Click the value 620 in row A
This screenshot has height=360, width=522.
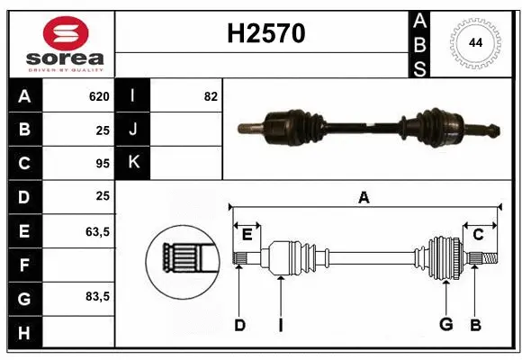(98, 96)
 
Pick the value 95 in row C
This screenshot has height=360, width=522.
(102, 164)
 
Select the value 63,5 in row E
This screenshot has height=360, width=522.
(97, 231)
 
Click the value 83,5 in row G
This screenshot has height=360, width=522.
(97, 296)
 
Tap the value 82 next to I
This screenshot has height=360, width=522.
(211, 96)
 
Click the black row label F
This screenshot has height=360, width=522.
(24, 265)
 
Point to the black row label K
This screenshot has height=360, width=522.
(133, 163)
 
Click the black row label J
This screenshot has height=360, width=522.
(133, 130)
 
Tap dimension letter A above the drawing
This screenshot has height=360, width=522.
(364, 197)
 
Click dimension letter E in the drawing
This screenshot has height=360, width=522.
(247, 235)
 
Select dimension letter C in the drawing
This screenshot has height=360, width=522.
(479, 235)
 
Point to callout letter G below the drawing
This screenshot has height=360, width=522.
(445, 325)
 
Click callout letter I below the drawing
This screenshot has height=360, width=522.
(281, 325)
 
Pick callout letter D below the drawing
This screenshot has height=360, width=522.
(239, 325)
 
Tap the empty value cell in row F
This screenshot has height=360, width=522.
(79, 265)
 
